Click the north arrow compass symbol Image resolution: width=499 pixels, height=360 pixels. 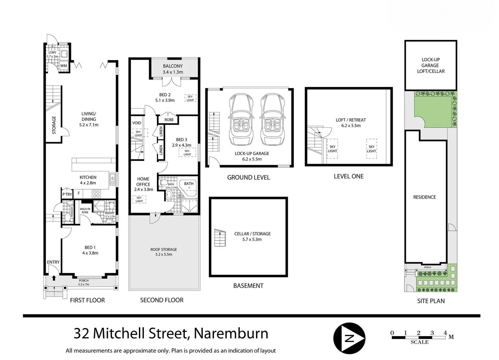[x=349, y=338]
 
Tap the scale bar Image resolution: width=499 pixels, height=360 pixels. [x=419, y=338]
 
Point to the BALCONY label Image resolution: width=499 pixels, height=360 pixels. [x=173, y=66]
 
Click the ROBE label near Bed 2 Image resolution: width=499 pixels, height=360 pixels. [x=169, y=120]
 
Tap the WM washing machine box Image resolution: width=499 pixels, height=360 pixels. [x=64, y=66]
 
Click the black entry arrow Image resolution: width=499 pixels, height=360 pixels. [x=54, y=278]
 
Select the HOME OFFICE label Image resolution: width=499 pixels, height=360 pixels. [x=143, y=182]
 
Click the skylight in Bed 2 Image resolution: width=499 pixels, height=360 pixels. [x=190, y=98]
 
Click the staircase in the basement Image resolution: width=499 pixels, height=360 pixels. [x=220, y=238]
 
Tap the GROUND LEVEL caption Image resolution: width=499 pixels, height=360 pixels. [x=249, y=178]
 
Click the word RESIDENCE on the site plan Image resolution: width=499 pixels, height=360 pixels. [x=424, y=197]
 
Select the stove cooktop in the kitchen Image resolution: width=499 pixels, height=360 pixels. [x=96, y=194]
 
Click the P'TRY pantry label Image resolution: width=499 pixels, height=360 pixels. [x=67, y=194]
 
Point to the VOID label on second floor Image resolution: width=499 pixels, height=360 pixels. [x=137, y=123]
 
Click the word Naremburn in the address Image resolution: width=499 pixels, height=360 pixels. [x=231, y=333]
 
